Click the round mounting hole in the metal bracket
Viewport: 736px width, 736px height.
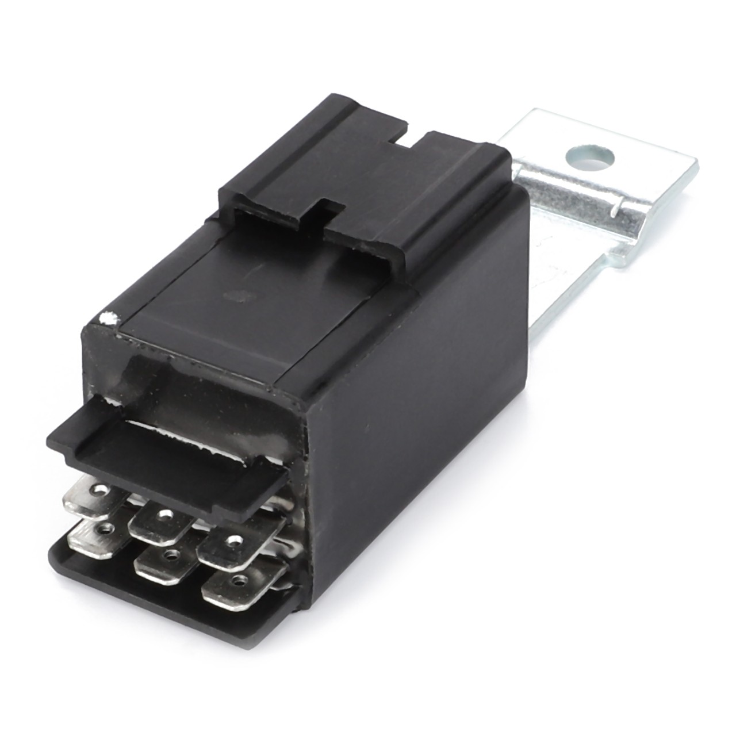point(590,155)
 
